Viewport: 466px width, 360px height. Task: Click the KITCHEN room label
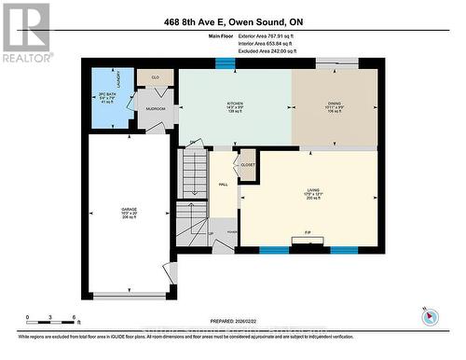click(234, 105)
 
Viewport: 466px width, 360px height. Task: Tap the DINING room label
click(335, 105)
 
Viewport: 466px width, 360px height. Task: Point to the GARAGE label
click(128, 210)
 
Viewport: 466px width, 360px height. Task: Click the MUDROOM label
click(155, 109)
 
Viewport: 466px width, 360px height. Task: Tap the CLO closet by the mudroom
click(156, 77)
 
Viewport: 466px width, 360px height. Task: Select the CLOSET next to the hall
click(248, 164)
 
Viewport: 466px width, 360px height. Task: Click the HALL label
click(224, 185)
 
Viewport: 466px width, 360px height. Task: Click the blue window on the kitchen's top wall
click(224, 63)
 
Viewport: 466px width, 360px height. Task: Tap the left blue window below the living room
click(272, 250)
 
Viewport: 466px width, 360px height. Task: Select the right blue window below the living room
click(344, 250)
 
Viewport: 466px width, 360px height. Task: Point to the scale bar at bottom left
click(44, 323)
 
